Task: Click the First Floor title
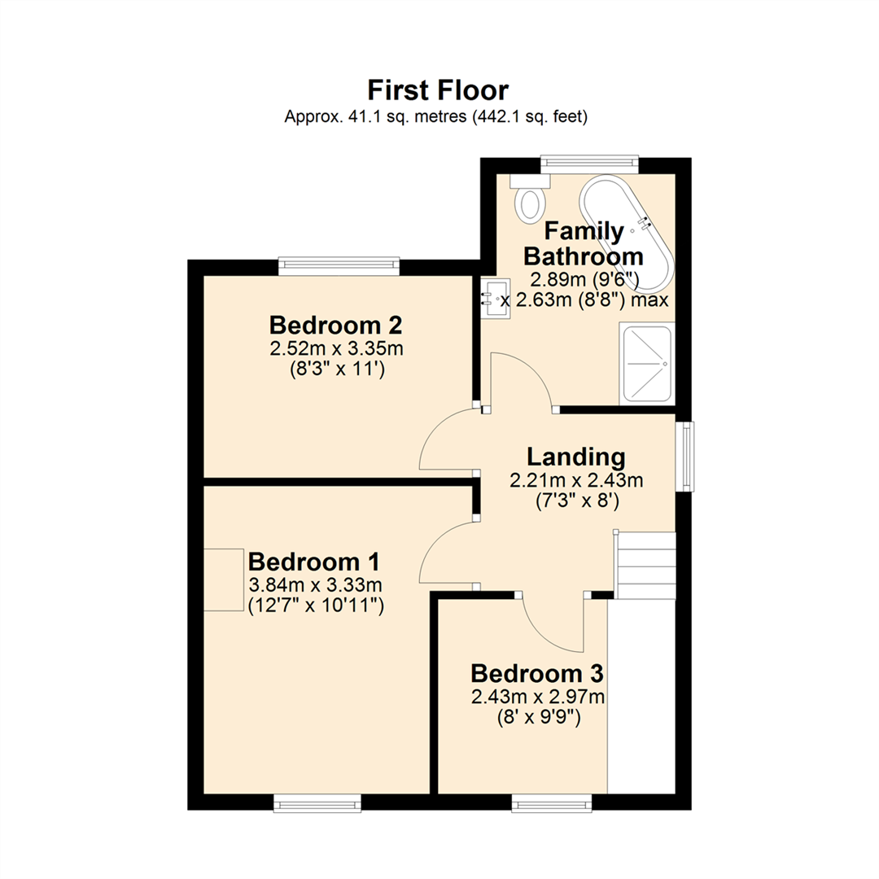click(x=438, y=89)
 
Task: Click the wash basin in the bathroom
click(x=495, y=298)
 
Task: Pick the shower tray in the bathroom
click(x=647, y=363)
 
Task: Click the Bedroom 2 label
click(x=336, y=326)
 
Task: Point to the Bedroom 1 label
click(x=314, y=562)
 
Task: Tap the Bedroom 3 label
click(x=537, y=674)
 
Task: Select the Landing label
click(x=575, y=456)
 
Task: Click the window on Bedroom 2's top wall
click(x=339, y=265)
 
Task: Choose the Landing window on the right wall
click(x=685, y=456)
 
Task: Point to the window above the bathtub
click(x=589, y=164)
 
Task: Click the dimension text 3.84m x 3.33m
click(x=314, y=585)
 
